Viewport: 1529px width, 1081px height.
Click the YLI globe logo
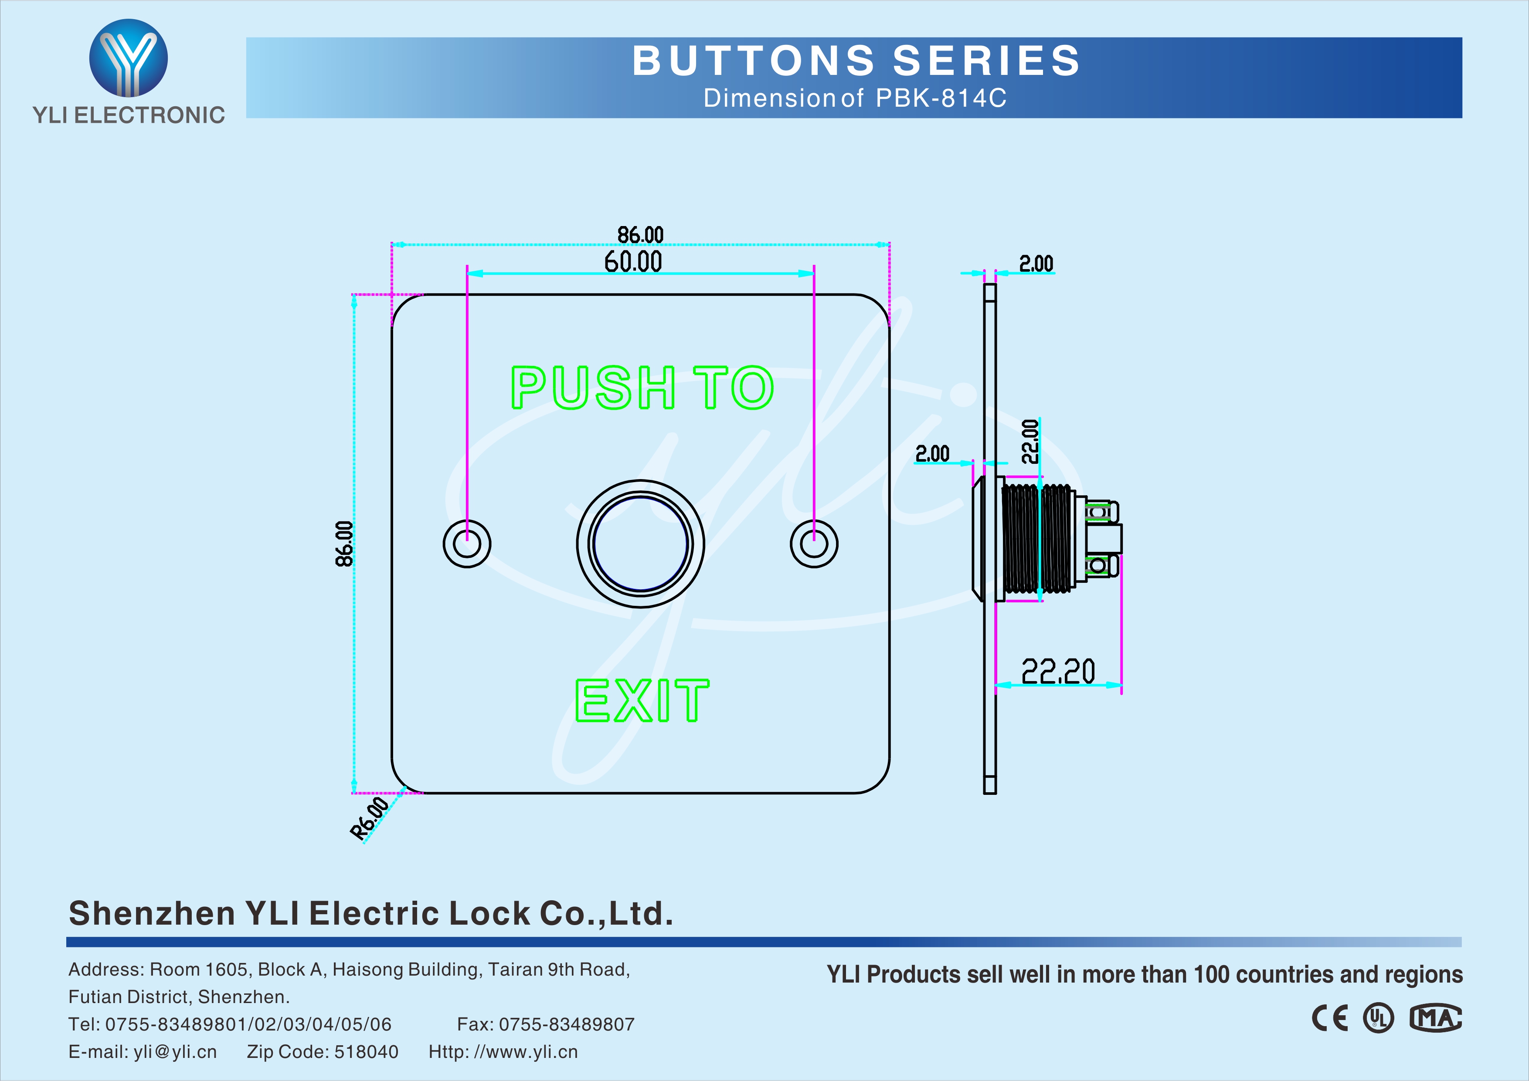pyautogui.click(x=129, y=58)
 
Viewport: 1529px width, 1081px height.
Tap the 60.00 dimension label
pyautogui.click(x=633, y=262)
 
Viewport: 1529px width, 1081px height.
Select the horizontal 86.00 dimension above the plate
pyautogui.click(x=640, y=235)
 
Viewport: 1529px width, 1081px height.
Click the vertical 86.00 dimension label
pyautogui.click(x=343, y=544)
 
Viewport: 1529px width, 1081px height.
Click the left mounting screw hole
pyautogui.click(x=467, y=544)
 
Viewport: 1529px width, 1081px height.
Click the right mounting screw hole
pyautogui.click(x=814, y=544)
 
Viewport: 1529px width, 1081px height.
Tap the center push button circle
pyautogui.click(x=640, y=544)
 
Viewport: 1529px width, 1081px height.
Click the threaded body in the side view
pyautogui.click(x=1036, y=538)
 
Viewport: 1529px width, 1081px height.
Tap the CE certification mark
pyautogui.click(x=1330, y=1018)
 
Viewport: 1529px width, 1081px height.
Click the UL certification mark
pyautogui.click(x=1378, y=1018)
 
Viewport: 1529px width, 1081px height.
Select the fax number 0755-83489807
pyautogui.click(x=567, y=1024)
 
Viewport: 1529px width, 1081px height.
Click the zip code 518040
pyautogui.click(x=366, y=1052)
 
